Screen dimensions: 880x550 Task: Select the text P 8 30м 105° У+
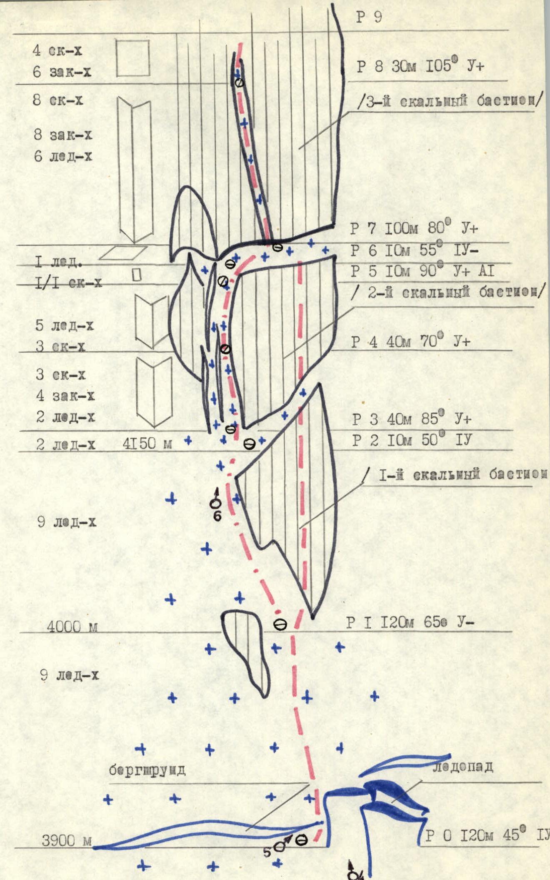pos(420,66)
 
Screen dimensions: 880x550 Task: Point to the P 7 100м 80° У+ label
pos(414,228)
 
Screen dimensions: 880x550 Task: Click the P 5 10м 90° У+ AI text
pos(422,271)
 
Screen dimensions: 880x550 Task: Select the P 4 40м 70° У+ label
pos(410,342)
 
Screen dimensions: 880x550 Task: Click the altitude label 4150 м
pos(147,444)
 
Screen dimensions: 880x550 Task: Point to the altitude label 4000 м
pos(72,627)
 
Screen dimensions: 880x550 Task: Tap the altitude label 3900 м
pos(67,841)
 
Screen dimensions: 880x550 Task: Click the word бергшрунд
pos(147,771)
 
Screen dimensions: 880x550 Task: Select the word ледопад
pos(462,766)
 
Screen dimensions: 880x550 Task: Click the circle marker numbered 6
pos(216,504)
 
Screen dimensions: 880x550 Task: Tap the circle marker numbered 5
pos(280,846)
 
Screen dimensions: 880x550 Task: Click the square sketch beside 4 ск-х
pos(132,58)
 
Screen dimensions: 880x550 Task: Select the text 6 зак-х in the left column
pos(62,72)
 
